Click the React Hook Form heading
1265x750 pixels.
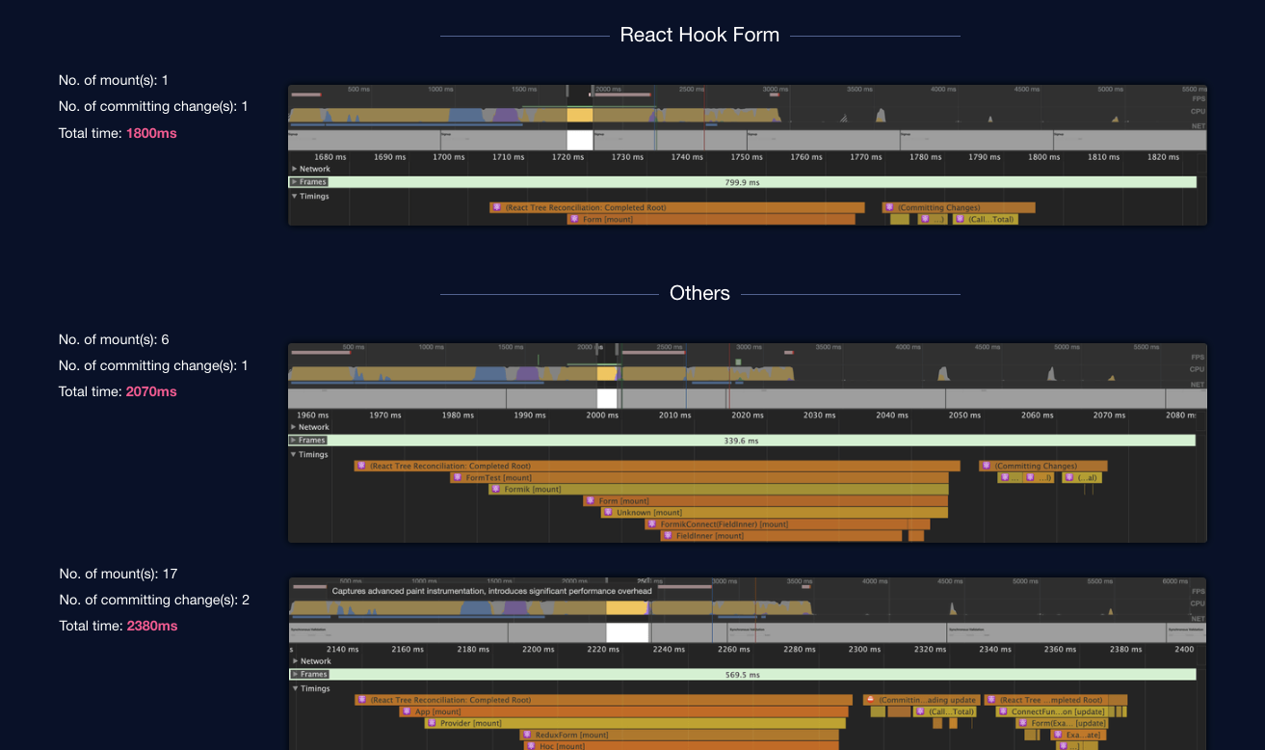(x=699, y=35)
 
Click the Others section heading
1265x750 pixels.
(x=699, y=293)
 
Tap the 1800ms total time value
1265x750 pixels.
(x=151, y=133)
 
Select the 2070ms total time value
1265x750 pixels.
(x=151, y=391)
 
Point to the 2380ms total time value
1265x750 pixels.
(x=152, y=626)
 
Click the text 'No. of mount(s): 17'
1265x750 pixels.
(x=119, y=574)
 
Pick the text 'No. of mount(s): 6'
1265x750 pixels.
(x=114, y=339)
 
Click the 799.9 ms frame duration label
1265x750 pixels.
(x=742, y=182)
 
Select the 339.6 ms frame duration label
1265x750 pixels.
(x=741, y=441)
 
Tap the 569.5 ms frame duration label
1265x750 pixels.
(x=742, y=675)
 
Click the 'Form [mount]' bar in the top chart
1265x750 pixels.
(x=710, y=219)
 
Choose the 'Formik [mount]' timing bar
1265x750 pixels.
(x=718, y=489)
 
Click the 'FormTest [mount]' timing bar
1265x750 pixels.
(x=699, y=477)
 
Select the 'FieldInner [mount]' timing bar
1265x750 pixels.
(x=781, y=535)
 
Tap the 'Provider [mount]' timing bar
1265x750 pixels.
(x=636, y=723)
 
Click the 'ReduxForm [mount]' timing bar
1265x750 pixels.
(x=679, y=735)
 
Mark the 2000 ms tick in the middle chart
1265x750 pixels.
(x=602, y=415)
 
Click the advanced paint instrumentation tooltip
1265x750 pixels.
(x=491, y=591)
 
